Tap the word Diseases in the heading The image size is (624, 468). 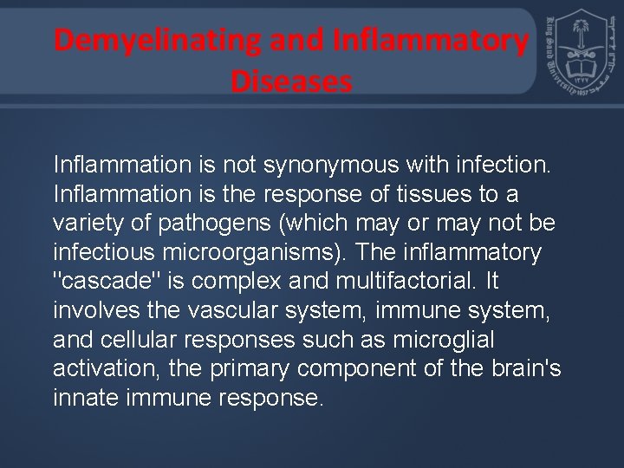pos(292,81)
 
